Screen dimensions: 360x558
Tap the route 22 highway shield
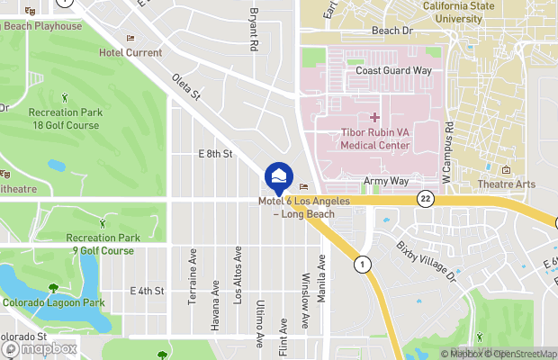point(426,198)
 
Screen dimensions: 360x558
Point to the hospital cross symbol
point(374,118)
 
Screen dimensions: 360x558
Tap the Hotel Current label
point(130,53)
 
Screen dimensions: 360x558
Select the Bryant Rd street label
point(254,30)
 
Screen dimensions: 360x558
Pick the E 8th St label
point(215,155)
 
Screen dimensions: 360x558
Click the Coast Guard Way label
point(393,70)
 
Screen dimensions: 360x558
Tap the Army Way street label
point(386,181)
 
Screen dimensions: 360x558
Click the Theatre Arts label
point(508,184)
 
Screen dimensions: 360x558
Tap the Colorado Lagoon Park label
point(55,303)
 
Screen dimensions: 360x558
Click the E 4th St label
point(147,291)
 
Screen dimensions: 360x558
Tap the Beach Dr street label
point(391,31)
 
